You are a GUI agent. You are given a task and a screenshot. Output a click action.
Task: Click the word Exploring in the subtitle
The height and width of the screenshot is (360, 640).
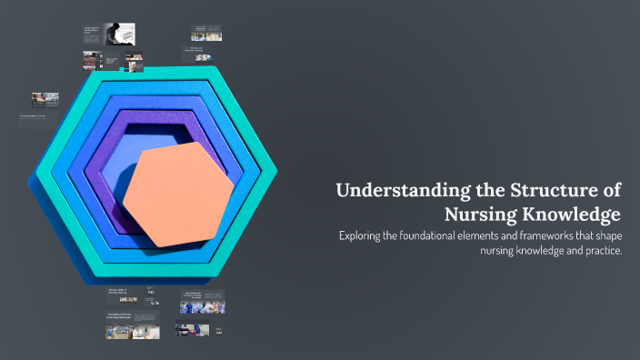[362, 236]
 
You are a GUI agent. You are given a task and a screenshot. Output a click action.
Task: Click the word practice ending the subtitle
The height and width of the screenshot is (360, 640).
[602, 252]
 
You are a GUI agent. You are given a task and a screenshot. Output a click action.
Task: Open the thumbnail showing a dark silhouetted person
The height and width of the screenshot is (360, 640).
[115, 34]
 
